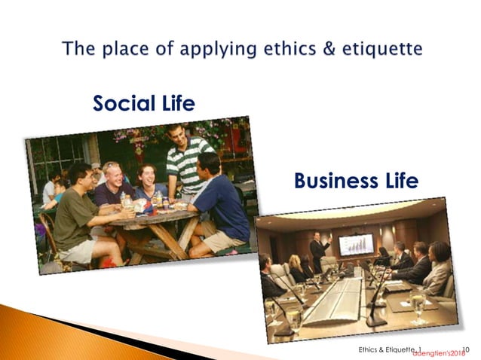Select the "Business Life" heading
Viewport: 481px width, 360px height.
click(x=356, y=182)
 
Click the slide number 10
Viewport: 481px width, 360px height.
click(x=464, y=349)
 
